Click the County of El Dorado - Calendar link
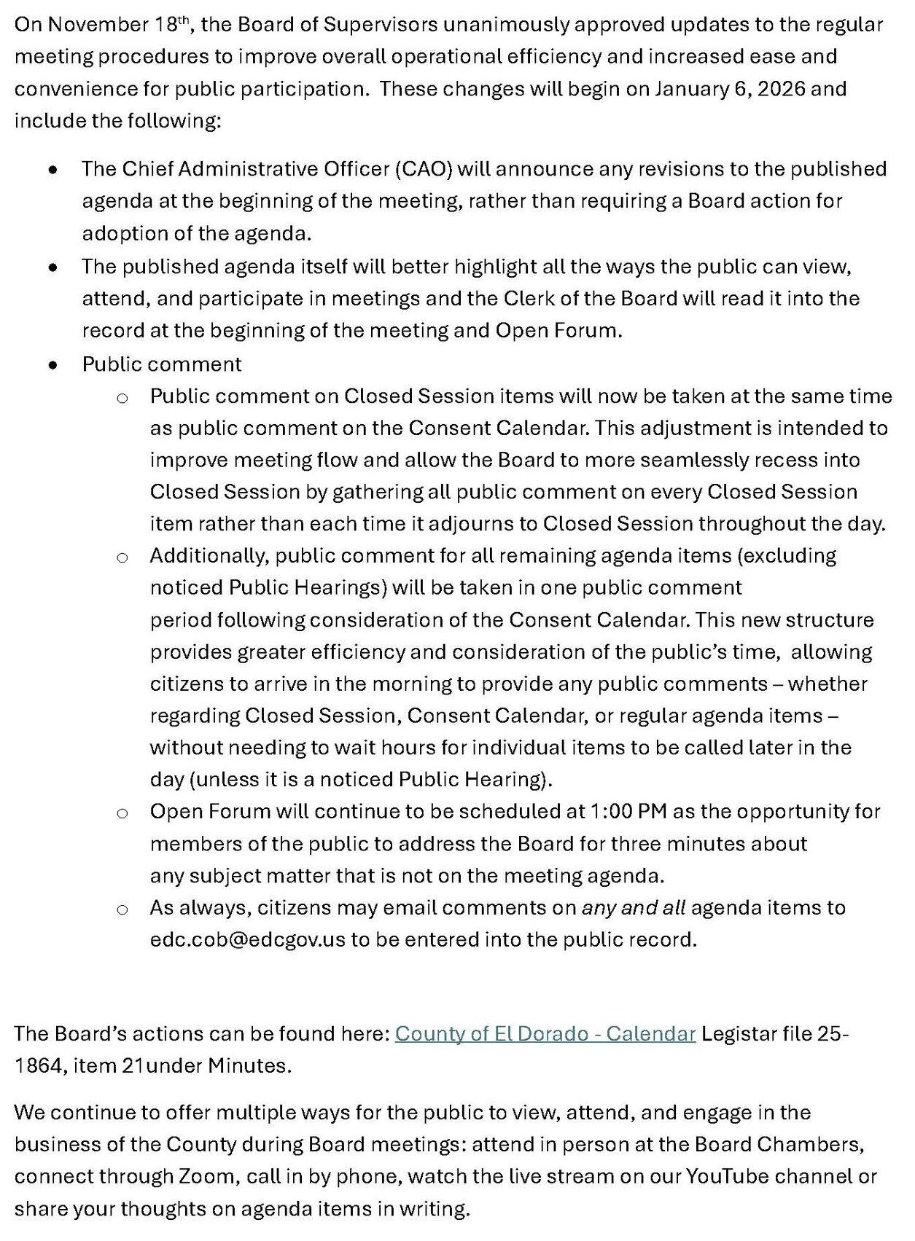point(545,1034)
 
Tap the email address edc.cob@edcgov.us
point(247,940)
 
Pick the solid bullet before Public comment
point(52,364)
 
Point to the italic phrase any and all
point(633,908)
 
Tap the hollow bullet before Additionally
point(122,557)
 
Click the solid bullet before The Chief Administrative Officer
point(52,170)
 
